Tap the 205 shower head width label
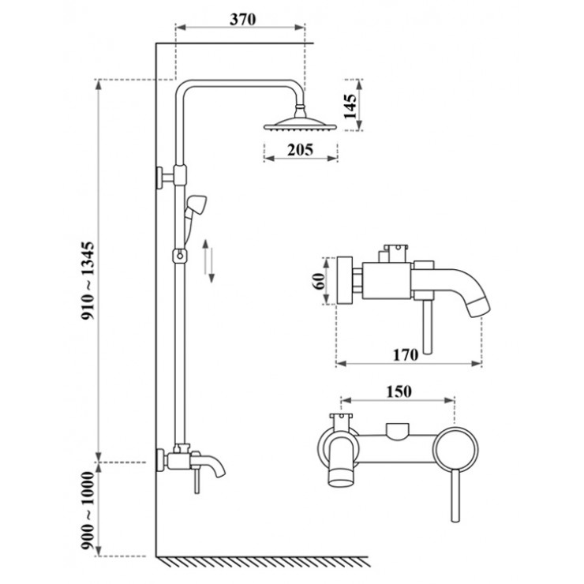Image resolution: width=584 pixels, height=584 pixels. [x=301, y=149]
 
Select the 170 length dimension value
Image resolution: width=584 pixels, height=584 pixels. [x=405, y=354]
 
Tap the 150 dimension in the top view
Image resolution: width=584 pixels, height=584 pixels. [x=399, y=390]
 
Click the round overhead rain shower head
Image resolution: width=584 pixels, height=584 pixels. [x=301, y=123]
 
